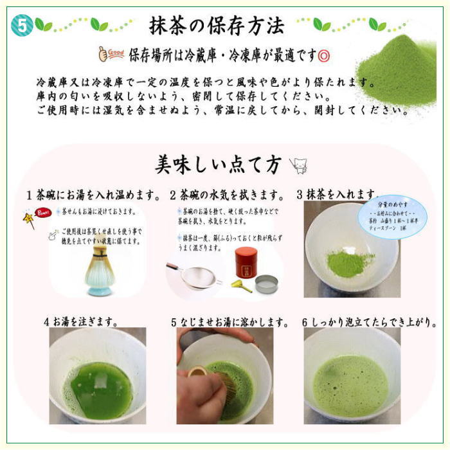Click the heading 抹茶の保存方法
[x=217, y=26]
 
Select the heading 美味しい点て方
[x=218, y=165]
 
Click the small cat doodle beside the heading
[x=298, y=166]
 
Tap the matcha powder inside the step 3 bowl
[x=349, y=262]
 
